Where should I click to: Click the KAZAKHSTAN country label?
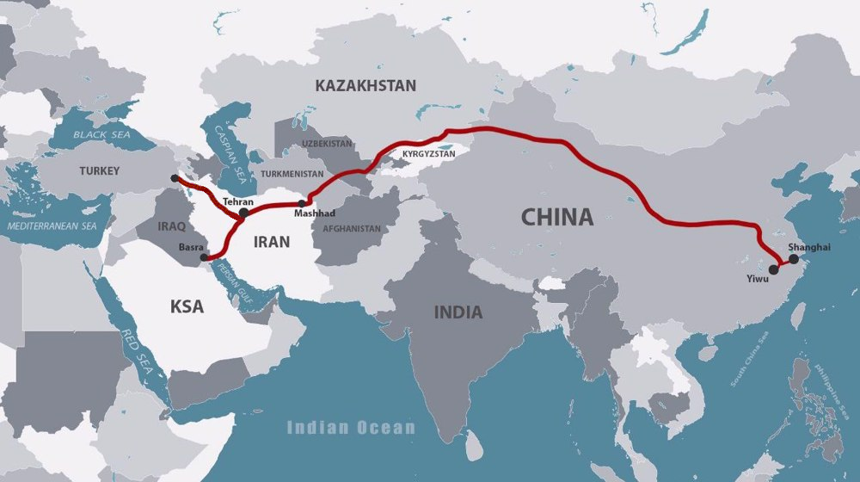click(x=365, y=85)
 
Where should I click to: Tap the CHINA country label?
click(x=557, y=217)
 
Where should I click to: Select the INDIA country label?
click(x=458, y=312)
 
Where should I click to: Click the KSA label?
click(x=187, y=306)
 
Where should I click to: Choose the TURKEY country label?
click(x=100, y=170)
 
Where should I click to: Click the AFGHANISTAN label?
click(x=353, y=229)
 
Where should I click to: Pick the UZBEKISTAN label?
click(x=327, y=143)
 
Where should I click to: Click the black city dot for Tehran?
click(x=244, y=213)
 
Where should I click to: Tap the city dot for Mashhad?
click(x=301, y=204)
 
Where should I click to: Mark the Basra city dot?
click(x=204, y=257)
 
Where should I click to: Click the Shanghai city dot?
click(x=793, y=258)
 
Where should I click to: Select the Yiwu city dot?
click(x=774, y=269)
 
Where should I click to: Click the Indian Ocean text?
click(x=351, y=428)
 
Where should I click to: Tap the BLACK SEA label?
click(x=101, y=135)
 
